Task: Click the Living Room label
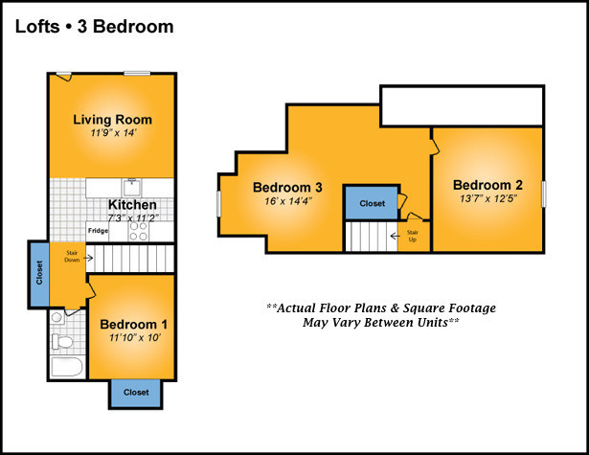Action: (112, 120)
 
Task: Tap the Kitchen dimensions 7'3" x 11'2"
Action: (133, 217)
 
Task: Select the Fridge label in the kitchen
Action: (98, 230)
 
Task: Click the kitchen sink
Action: (131, 187)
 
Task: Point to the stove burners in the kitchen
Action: (138, 231)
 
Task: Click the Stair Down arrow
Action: (88, 258)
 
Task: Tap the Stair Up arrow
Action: (395, 236)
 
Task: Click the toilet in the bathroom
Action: (62, 342)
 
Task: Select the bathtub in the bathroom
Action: (67, 367)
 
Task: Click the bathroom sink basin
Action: (57, 317)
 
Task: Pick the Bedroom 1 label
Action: (134, 325)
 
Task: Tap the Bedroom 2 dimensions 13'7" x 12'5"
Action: (487, 198)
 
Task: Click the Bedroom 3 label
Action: (287, 187)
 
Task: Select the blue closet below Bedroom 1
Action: (136, 393)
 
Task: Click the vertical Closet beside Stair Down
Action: (39, 274)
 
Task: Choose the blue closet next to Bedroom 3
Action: (372, 203)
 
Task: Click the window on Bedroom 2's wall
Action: (543, 193)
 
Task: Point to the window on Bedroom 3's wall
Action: (219, 204)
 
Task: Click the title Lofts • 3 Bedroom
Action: (94, 27)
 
